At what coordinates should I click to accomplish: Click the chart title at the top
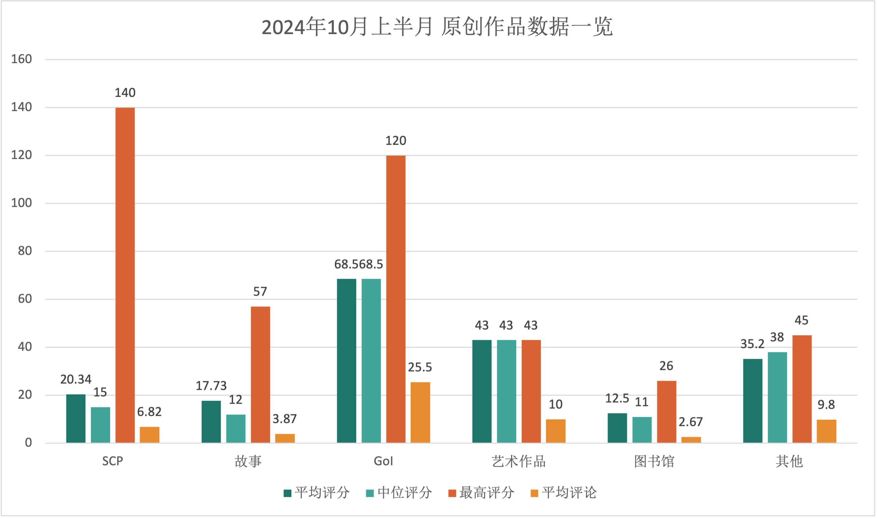tap(437, 27)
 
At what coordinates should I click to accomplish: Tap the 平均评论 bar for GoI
tap(420, 413)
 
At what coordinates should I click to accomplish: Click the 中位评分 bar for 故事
tap(236, 429)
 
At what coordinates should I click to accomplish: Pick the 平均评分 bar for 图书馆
tap(617, 428)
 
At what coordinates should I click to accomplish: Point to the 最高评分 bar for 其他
tap(802, 389)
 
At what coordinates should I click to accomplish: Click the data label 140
tap(125, 93)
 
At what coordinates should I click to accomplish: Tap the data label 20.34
tap(76, 379)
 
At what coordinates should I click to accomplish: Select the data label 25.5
tap(420, 367)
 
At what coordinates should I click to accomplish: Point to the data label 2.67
tap(691, 422)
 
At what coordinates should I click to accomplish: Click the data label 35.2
tap(752, 344)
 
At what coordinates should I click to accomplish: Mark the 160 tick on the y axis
tap(22, 59)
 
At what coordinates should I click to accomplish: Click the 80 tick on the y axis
tap(25, 251)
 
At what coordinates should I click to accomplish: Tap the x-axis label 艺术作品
tap(519, 461)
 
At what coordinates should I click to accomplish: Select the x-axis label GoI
tap(383, 461)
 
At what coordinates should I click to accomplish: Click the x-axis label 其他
tap(789, 461)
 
